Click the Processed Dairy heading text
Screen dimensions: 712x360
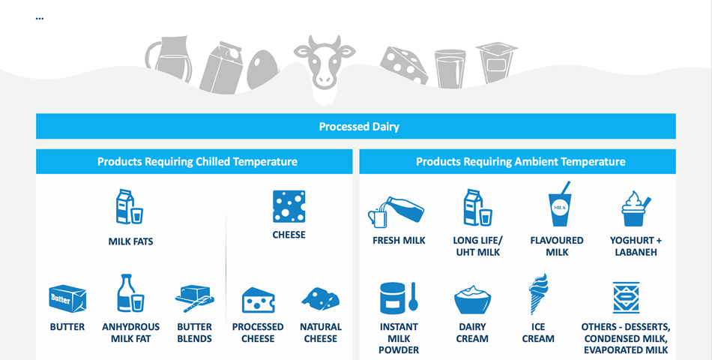[x=359, y=126]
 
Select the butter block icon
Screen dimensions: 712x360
[x=67, y=298]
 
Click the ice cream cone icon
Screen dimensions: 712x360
[x=538, y=294]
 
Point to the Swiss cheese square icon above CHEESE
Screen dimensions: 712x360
[x=289, y=206]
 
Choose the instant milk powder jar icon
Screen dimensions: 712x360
[x=399, y=298]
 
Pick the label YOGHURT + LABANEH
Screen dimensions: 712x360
[x=636, y=246]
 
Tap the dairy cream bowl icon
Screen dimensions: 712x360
[x=472, y=299]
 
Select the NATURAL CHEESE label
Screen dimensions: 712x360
[x=321, y=333]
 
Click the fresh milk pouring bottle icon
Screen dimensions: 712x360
[x=396, y=211]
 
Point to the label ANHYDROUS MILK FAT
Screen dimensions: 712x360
[x=130, y=333]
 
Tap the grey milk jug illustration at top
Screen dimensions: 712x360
[x=167, y=59]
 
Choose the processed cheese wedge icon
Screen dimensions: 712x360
[x=258, y=300]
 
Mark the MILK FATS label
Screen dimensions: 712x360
[x=130, y=241]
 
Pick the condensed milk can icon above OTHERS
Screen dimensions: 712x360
[x=626, y=298]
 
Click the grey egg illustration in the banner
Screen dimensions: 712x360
[x=262, y=69]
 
